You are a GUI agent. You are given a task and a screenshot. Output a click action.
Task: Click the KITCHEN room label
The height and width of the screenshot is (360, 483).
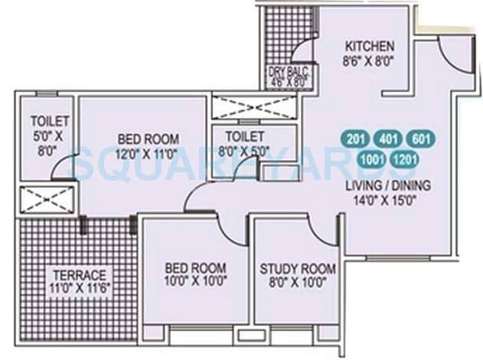point(369,45)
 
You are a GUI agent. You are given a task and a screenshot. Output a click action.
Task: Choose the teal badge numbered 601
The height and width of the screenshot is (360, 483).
point(422,139)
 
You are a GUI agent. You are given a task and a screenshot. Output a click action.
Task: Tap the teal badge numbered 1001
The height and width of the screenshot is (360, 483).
point(373,159)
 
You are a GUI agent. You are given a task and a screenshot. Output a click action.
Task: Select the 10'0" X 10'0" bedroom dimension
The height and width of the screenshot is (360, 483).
point(196,282)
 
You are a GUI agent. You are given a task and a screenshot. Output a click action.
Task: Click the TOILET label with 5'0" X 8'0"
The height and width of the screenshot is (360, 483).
point(50,121)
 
